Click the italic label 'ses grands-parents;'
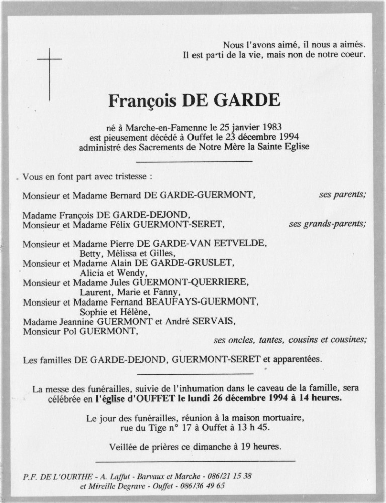pyautogui.click(x=327, y=224)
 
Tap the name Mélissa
pyautogui.click(x=121, y=253)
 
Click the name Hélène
pyautogui.click(x=132, y=312)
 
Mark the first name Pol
pyautogui.click(x=74, y=331)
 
